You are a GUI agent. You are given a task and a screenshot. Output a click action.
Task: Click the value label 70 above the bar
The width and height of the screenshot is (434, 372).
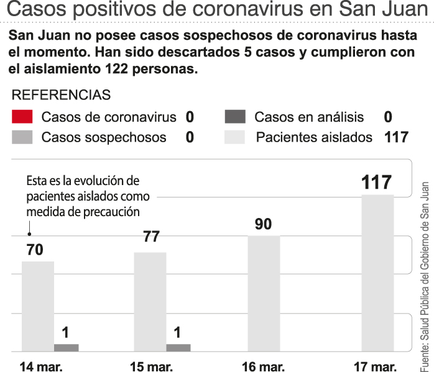click(x=34, y=250)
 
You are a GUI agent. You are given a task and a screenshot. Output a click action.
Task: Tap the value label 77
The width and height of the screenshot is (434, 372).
click(x=151, y=237)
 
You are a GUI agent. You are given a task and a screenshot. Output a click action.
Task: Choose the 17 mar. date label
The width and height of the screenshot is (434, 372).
click(x=374, y=366)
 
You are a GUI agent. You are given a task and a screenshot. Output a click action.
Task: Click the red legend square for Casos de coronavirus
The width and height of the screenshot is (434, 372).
click(x=22, y=117)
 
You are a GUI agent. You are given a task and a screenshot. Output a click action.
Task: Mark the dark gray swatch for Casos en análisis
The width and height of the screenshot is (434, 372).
click(x=235, y=117)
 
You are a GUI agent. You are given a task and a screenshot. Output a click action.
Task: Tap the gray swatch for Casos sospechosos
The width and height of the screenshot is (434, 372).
click(x=22, y=137)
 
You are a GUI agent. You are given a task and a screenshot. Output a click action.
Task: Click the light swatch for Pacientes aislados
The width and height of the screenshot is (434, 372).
click(x=235, y=137)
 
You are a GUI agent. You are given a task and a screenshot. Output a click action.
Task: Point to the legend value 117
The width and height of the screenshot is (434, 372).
click(x=396, y=137)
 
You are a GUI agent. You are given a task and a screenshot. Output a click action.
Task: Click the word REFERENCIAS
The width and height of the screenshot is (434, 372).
click(x=62, y=95)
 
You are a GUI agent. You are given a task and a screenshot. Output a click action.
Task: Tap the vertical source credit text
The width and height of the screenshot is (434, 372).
click(x=425, y=273)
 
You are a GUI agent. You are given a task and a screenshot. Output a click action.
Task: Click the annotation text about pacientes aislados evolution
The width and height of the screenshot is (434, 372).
click(x=83, y=196)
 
